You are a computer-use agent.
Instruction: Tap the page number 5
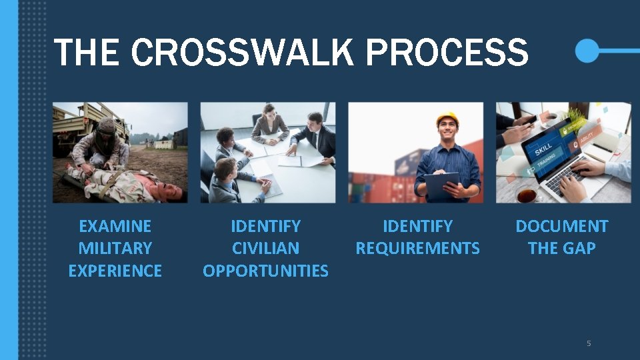point(589,343)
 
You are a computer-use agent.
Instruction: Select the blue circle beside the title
point(587,51)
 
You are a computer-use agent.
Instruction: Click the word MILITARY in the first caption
point(115,249)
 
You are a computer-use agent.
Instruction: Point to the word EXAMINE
point(115,227)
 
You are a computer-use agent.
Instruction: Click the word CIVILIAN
point(265,249)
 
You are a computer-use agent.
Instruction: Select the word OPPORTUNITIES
point(265,271)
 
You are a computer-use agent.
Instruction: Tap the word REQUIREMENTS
point(417,249)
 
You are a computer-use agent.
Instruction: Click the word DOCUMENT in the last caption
point(561,227)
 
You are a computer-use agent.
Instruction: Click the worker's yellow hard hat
point(447,119)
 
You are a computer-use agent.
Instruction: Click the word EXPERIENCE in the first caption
point(115,271)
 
